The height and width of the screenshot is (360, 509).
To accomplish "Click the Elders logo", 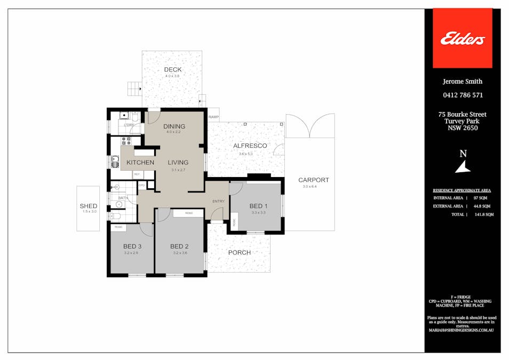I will pos(462,38).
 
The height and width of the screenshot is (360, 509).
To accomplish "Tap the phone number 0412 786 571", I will pos(462,95).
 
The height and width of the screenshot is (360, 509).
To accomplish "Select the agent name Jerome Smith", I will pos(462,82).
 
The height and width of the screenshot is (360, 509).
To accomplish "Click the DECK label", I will pos(172,70).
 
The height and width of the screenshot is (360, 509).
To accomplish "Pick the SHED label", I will pos(88,206).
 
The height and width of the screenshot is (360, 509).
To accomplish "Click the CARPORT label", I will pos(313,180).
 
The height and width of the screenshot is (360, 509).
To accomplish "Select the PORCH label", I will pos(239,252).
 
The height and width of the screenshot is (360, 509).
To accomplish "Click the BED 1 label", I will pos(258,206).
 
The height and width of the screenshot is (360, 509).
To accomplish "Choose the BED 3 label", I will pos(132,246).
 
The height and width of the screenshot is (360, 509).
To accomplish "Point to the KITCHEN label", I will pos(140,162).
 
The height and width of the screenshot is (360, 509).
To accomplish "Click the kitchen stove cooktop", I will pos(127,141).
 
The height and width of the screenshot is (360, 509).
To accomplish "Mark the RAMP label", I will pos(213,117).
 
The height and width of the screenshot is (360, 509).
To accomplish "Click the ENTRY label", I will pos(218,201).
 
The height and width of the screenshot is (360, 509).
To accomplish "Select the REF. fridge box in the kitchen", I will pos(137,174).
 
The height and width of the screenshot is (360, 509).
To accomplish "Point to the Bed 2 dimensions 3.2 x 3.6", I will pos(180,253).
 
